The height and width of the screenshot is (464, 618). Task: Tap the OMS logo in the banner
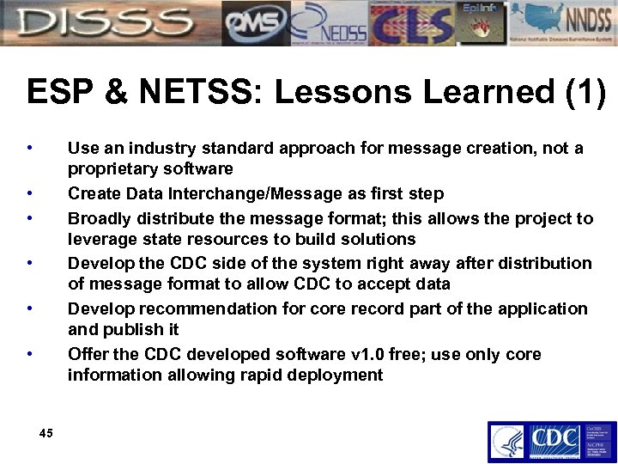click(256, 23)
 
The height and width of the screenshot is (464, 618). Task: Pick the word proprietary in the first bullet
click(112, 168)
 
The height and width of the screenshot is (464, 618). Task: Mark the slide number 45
click(46, 433)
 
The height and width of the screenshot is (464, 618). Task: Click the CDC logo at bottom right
click(553, 442)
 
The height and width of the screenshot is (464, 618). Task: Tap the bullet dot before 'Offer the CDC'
click(30, 354)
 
